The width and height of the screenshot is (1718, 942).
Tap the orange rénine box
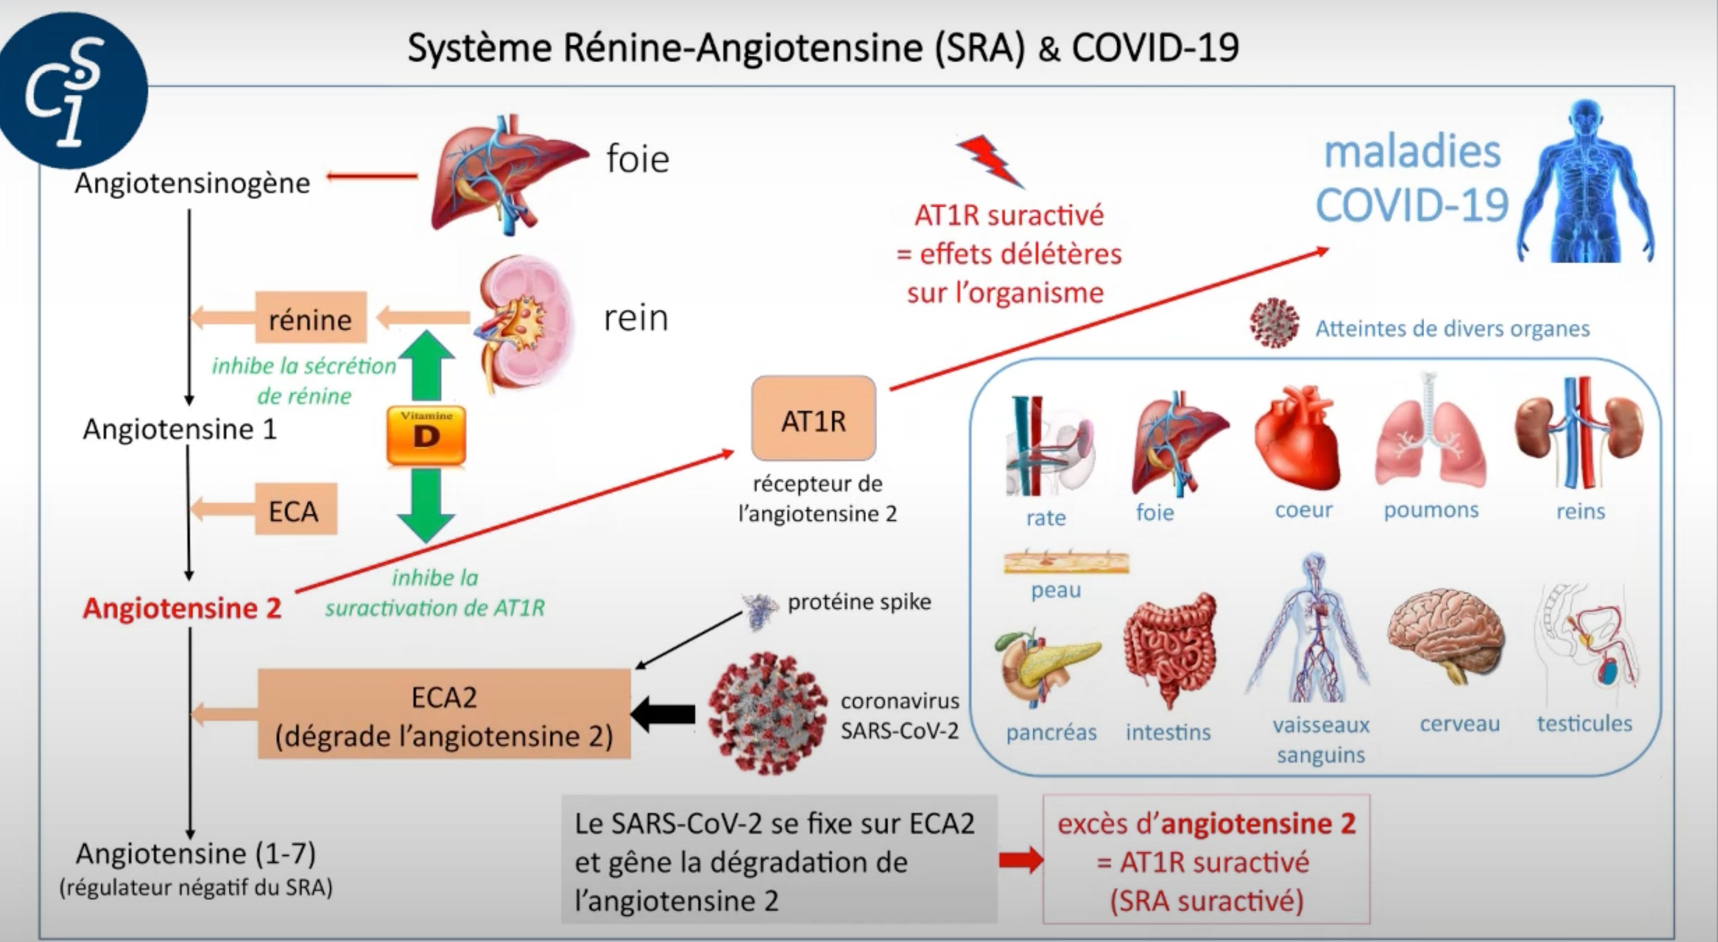click(x=311, y=318)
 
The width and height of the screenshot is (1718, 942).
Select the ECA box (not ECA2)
click(x=295, y=509)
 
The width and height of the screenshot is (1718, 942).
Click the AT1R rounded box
click(x=813, y=419)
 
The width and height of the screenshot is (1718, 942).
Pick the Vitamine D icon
click(x=426, y=435)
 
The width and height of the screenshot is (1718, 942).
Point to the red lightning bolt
click(x=990, y=160)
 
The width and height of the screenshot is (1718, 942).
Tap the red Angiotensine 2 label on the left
click(x=181, y=608)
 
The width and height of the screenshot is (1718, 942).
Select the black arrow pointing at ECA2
click(x=664, y=714)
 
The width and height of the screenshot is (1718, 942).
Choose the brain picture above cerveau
click(x=1445, y=634)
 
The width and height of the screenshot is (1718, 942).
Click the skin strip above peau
click(x=1066, y=562)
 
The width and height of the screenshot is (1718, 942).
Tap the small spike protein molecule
click(x=760, y=611)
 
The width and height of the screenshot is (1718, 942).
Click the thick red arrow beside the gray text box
click(x=1021, y=860)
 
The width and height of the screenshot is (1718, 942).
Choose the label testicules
click(x=1584, y=723)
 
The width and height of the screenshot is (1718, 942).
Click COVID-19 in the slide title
click(x=1155, y=48)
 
